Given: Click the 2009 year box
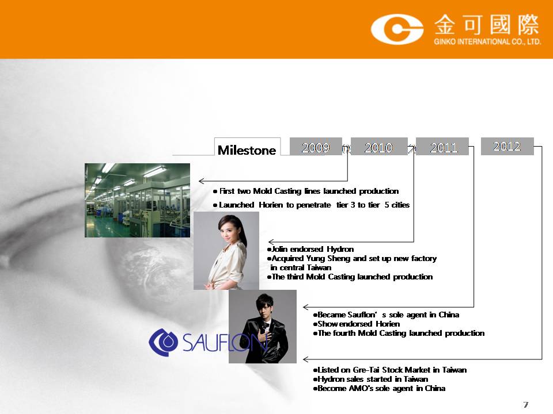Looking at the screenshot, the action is pos(316,147).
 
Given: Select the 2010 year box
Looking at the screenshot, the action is pos(379,147).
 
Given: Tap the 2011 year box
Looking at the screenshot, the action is pos(442,147).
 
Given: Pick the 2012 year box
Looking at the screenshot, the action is pos(507,146).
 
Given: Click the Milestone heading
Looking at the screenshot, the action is pos(247,150).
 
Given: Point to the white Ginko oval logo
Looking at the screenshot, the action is pos(397,29).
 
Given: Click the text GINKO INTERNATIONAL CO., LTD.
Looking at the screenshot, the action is pos(487,41).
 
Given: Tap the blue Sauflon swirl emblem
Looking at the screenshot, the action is pos(163,342).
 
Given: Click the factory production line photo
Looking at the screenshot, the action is pos(137,200).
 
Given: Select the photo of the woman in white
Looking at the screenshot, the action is pos(226,251).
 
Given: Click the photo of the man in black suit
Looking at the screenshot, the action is pos(263,327).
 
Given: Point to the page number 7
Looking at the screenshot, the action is pos(526,404).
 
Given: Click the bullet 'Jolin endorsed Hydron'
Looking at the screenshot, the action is pos(310,249).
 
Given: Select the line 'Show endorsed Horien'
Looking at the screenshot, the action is pos(356,324).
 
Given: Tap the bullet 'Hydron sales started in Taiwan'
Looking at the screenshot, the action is pos(370,379).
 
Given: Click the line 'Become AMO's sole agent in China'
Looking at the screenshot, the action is pos(379,388).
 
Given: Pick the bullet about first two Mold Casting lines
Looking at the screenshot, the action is pos(306,191).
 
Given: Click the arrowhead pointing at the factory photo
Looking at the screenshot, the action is pos(201,181).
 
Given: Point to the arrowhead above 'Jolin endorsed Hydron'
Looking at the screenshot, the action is pos(271,242).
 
